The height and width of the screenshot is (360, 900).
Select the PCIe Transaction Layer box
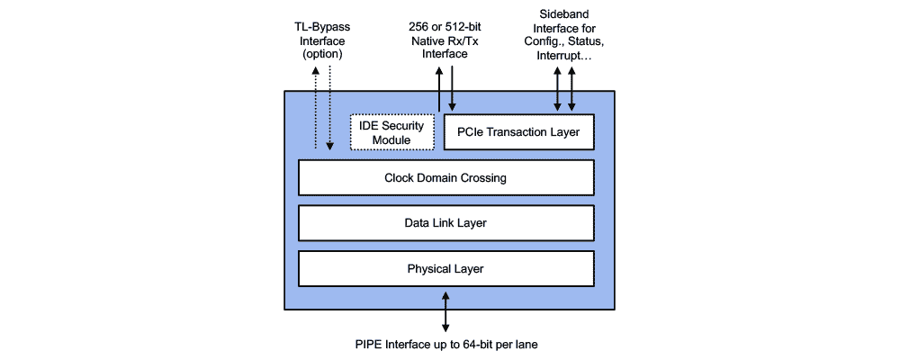click(x=519, y=132)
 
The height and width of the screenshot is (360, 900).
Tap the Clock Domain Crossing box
click(x=445, y=177)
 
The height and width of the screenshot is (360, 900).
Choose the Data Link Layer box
click(x=445, y=222)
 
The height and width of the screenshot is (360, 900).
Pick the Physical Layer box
click(x=445, y=268)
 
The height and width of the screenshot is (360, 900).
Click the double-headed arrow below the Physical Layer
click(x=445, y=310)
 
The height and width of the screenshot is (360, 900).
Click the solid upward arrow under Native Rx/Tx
click(x=438, y=90)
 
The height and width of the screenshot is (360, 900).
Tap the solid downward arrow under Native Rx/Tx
click(x=453, y=90)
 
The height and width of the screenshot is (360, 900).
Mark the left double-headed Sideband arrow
click(x=557, y=90)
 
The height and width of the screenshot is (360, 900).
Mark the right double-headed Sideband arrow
click(x=571, y=90)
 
